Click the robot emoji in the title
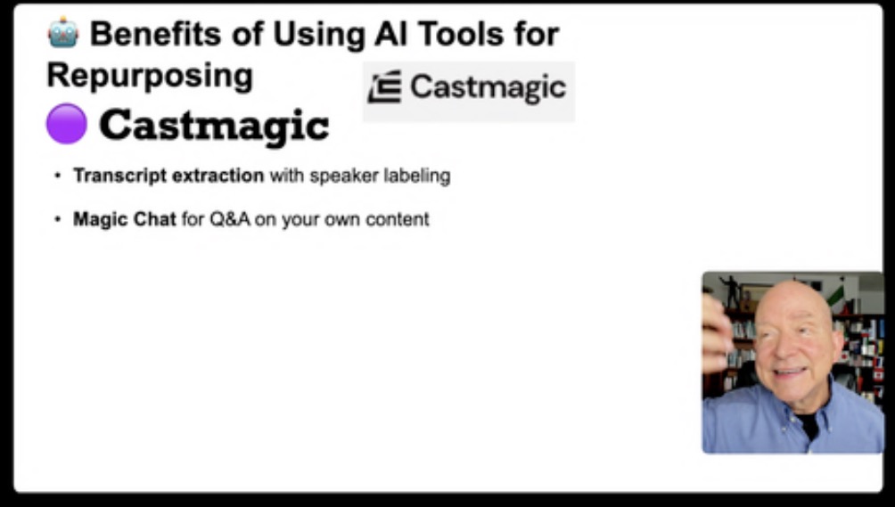(62, 32)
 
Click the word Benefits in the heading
(155, 34)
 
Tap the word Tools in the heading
(461, 34)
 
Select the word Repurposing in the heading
(150, 77)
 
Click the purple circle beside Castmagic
(66, 124)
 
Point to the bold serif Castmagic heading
(214, 126)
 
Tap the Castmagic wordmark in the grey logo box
(488, 88)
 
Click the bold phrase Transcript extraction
(168, 176)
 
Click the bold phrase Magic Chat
(125, 219)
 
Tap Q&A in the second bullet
(230, 219)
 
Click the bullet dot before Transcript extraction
(57, 176)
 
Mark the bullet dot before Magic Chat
(57, 219)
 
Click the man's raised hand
(717, 333)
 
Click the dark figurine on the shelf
(730, 291)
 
